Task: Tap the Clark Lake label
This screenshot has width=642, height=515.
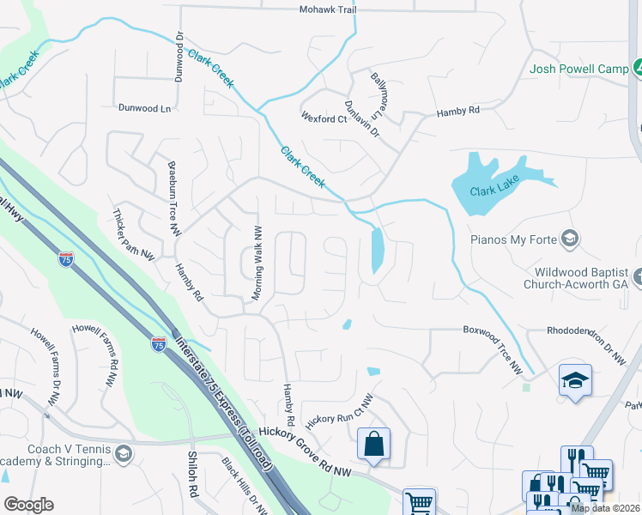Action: [x=494, y=191]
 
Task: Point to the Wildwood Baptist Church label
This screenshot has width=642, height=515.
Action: [x=578, y=278]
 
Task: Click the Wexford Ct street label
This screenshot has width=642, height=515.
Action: [x=323, y=118]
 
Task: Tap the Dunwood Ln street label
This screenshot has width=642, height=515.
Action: [x=145, y=109]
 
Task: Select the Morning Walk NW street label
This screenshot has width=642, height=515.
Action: [x=256, y=263]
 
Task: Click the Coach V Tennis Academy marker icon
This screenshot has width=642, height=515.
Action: [x=124, y=452]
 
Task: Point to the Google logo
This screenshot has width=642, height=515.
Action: [x=28, y=505]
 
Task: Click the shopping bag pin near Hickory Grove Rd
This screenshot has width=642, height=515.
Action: [x=373, y=445]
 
